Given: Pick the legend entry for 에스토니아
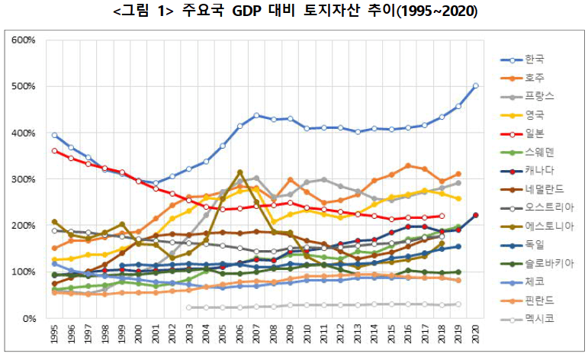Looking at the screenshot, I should point(545,226).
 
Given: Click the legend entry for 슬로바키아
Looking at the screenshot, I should point(545,263).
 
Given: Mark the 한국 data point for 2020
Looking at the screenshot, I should point(476,85).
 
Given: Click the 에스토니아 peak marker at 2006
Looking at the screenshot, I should point(239,172).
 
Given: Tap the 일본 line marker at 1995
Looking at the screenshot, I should point(53,151).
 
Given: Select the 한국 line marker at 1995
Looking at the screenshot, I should point(53,135).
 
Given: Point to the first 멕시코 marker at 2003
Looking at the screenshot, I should point(188,307).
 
